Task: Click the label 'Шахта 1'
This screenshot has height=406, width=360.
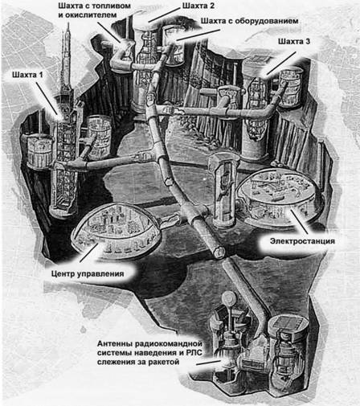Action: click(27, 75)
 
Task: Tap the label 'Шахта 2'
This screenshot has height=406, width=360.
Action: click(198, 6)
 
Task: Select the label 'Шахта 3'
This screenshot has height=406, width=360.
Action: click(294, 41)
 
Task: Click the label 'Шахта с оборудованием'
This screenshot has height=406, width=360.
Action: click(249, 21)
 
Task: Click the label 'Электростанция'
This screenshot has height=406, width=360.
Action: click(302, 241)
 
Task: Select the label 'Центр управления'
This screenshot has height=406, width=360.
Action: click(88, 274)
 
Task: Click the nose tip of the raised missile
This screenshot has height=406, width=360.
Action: click(68, 23)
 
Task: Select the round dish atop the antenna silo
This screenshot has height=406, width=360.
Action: click(229, 297)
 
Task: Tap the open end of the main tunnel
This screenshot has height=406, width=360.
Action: click(219, 252)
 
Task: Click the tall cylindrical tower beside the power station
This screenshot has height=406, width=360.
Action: click(223, 190)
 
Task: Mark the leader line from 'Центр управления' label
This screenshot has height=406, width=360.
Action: click(89, 252)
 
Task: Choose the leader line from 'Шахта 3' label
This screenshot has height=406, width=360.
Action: click(281, 63)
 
